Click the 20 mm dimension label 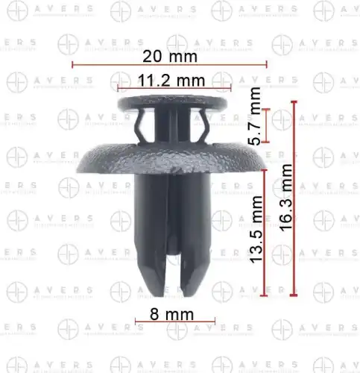(170, 57)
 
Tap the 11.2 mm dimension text (171, 81)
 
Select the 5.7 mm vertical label (255, 116)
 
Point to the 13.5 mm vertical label (256, 229)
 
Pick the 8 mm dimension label (171, 314)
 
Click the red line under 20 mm (169, 65)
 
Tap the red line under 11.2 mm (174, 88)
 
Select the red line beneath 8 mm (175, 322)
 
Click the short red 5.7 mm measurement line (265, 125)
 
